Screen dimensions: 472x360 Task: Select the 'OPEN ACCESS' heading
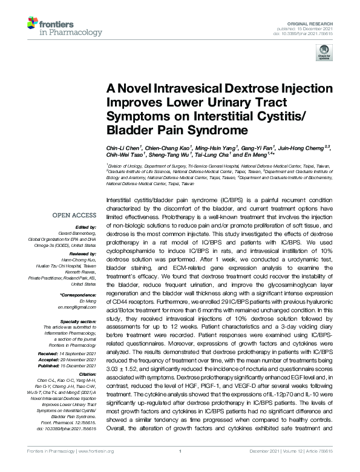(x=74, y=215)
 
